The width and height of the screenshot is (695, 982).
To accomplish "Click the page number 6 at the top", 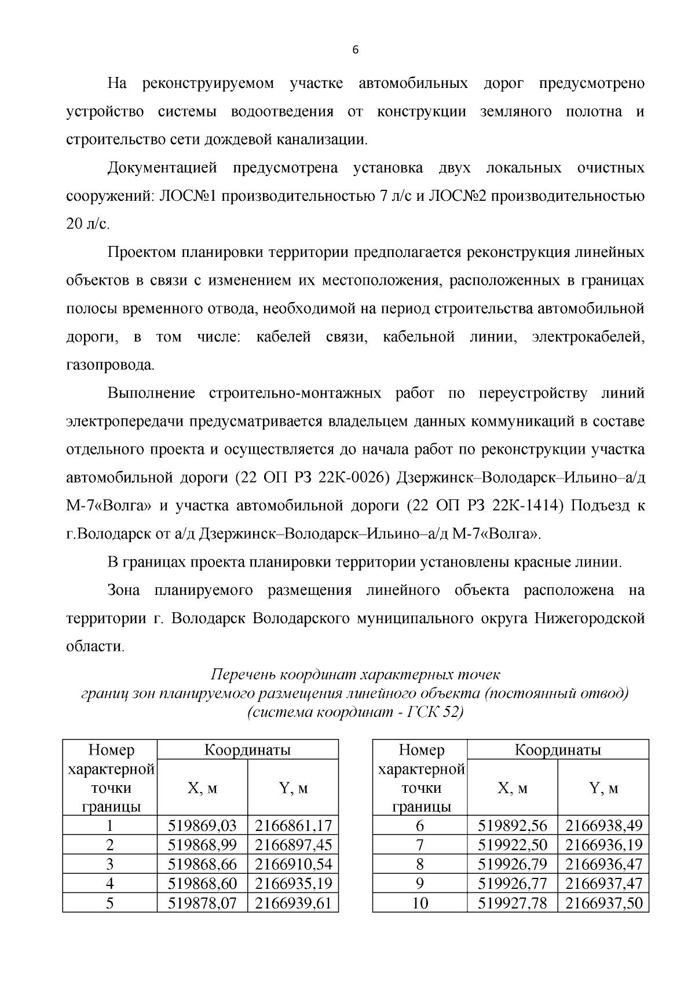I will [x=355, y=50].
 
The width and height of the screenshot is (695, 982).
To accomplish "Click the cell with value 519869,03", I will [x=202, y=825].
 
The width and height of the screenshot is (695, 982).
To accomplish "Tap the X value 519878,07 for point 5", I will [x=202, y=903].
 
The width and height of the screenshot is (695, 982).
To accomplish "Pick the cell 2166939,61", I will [x=293, y=903].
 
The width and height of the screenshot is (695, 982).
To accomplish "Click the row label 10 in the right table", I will [x=420, y=903].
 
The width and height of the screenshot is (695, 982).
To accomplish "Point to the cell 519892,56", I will [x=512, y=825].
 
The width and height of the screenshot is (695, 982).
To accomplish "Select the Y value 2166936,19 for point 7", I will [x=603, y=845].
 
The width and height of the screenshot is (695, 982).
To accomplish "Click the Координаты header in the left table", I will [x=247, y=751].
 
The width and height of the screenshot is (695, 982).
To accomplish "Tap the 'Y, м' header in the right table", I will [x=603, y=788].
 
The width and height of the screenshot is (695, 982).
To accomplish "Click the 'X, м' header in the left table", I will [x=202, y=788].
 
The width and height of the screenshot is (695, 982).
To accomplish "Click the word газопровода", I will [x=111, y=365].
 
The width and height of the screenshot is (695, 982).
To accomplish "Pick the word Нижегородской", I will [x=589, y=619].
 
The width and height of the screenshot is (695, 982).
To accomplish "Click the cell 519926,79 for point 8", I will [x=512, y=864].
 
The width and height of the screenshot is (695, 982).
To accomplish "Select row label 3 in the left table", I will [x=109, y=864].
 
